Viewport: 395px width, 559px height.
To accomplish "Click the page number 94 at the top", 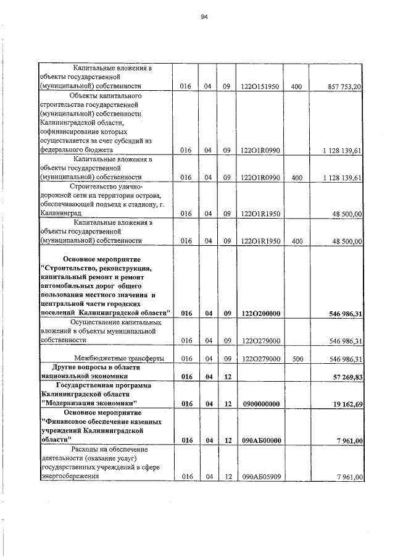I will pos(204,17).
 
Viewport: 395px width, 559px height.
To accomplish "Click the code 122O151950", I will pos(260,87).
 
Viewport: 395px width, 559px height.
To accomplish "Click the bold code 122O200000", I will pos(260,314).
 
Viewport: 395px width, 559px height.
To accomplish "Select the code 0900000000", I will pos(260,404).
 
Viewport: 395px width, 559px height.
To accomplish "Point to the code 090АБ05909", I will pos(260,476).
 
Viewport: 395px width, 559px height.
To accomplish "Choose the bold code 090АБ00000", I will pos(260,440).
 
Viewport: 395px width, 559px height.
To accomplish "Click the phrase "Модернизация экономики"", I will pos(88,404).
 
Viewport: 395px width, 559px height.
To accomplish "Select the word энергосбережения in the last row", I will pos(69,476).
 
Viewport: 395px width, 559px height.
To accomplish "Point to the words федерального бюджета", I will pos(75,149).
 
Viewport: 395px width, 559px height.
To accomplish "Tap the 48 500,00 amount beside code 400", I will pos(345,241).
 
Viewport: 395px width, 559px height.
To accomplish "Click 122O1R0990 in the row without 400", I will pos(260,149).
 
